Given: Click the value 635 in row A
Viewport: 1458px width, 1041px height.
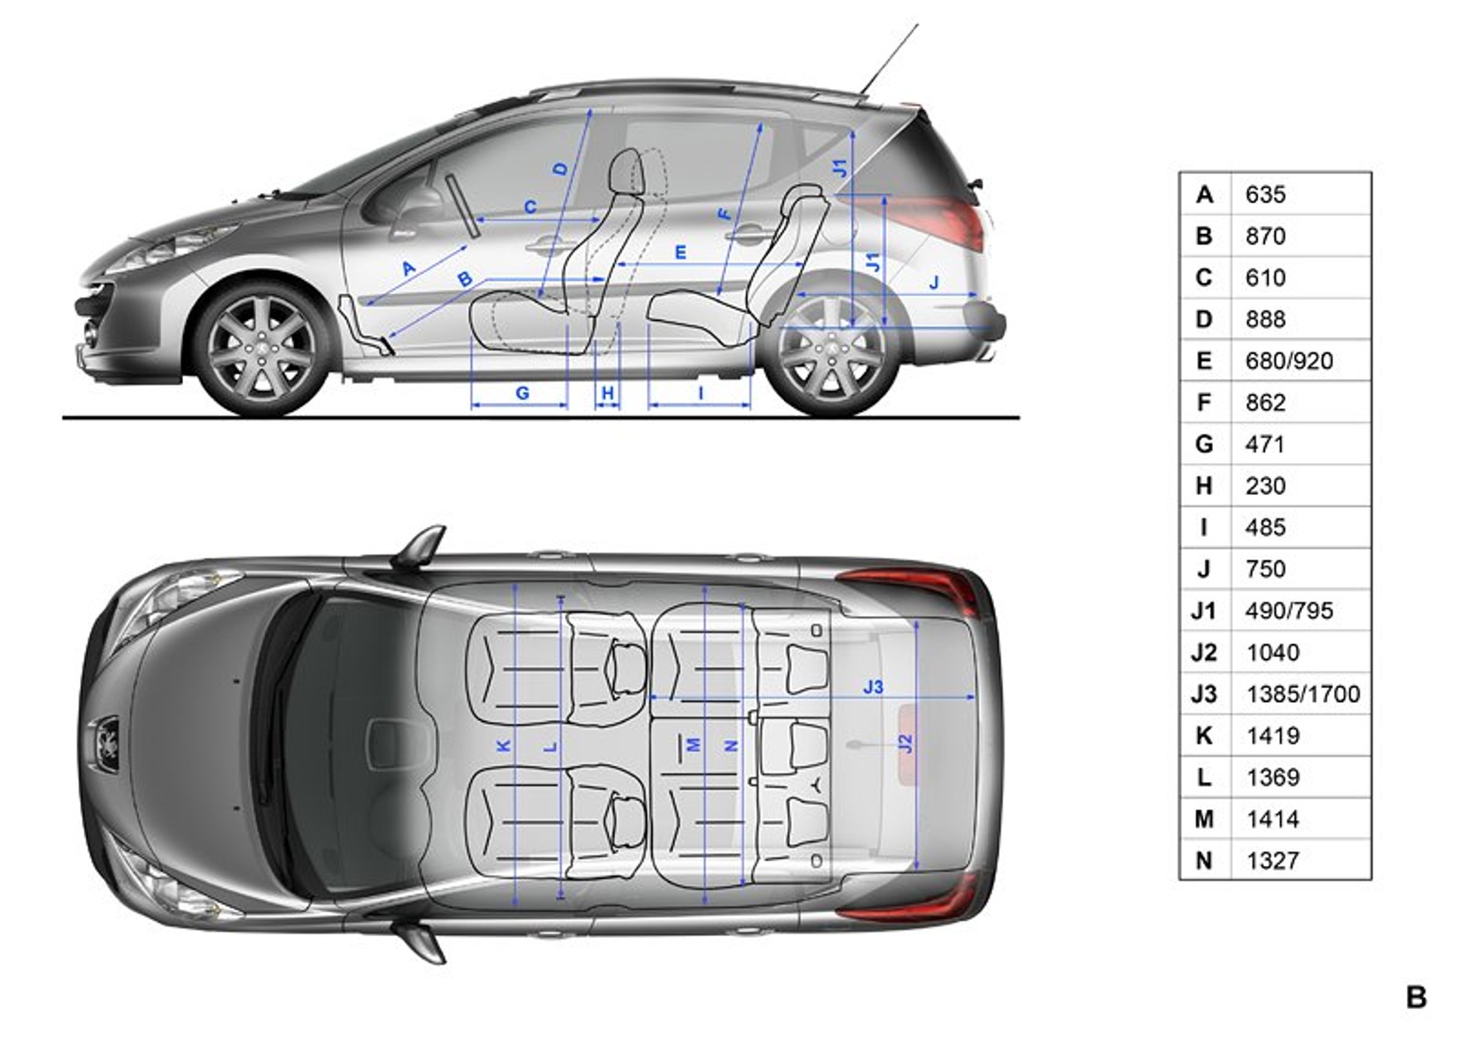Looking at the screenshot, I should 1265,195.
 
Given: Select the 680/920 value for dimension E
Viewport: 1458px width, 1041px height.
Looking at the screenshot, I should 1288,361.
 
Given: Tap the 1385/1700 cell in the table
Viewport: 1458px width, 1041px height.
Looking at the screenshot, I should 1302,693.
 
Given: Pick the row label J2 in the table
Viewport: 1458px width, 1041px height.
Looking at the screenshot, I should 1204,652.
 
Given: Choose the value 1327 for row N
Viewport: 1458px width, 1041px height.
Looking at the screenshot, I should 1272,860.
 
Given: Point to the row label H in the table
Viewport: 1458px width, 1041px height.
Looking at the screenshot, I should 1204,486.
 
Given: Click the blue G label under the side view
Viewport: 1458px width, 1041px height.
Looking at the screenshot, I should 522,393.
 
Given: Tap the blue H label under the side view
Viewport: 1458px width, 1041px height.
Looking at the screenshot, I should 607,393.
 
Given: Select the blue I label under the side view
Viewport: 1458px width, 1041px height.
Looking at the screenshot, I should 700,393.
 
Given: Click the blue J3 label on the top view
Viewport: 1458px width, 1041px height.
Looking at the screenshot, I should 872,687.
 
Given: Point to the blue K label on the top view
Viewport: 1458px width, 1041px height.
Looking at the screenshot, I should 503,746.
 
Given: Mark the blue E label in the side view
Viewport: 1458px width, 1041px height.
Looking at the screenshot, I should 680,253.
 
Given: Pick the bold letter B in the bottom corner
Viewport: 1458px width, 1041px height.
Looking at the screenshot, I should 1415,997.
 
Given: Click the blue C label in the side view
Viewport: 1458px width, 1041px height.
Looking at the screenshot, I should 530,208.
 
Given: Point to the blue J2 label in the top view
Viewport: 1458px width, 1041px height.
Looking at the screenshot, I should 905,743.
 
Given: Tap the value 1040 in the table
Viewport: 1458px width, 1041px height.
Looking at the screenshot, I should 1272,652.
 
